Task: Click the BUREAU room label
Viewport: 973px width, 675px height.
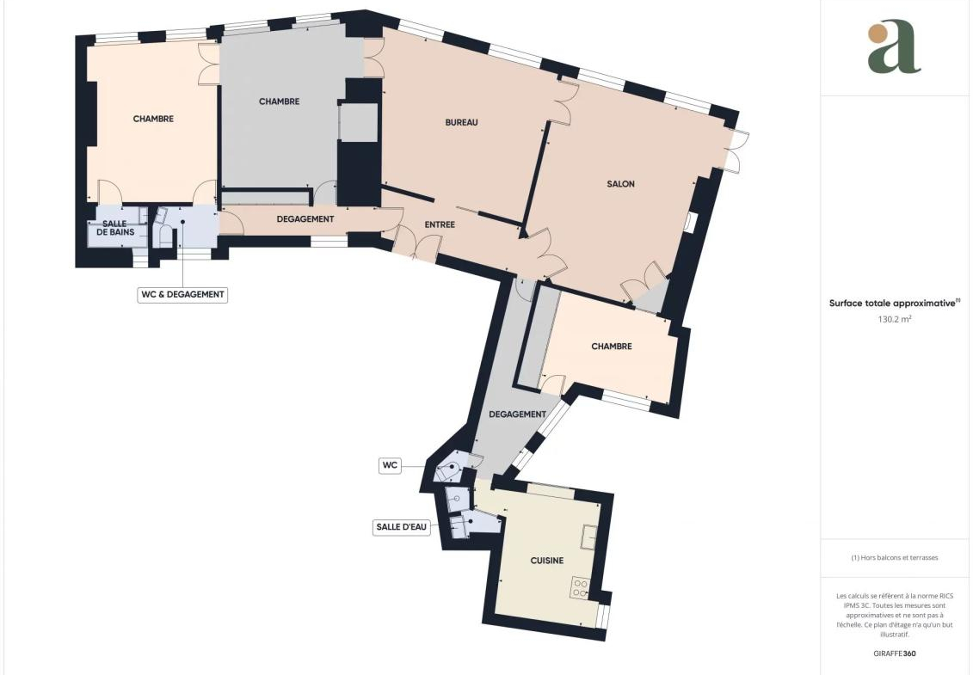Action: pos(462,122)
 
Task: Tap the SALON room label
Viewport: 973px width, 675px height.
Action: pos(620,184)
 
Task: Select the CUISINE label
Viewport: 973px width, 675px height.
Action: pos(547,561)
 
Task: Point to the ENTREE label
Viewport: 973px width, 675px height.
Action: pos(440,224)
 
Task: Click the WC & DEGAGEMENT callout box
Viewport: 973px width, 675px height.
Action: pos(182,295)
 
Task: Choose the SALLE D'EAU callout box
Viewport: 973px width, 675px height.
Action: pos(402,527)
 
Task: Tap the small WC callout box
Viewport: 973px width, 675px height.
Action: pos(390,465)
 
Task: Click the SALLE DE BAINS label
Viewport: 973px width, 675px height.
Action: pos(114,228)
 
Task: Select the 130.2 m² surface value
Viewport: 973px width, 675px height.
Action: pos(894,320)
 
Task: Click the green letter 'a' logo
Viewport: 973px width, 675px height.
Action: pos(894,48)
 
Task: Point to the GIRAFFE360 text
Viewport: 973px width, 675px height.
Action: pos(894,654)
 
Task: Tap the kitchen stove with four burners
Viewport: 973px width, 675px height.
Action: pos(581,587)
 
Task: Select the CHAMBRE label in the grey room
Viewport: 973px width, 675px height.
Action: pos(280,101)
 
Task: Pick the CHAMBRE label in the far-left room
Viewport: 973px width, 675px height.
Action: pos(153,119)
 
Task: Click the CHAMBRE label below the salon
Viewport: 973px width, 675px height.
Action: pos(612,347)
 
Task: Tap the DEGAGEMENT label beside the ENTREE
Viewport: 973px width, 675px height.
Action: pos(305,219)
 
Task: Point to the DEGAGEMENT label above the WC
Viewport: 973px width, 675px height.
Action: pos(518,414)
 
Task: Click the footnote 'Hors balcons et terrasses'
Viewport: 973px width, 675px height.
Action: pos(894,558)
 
